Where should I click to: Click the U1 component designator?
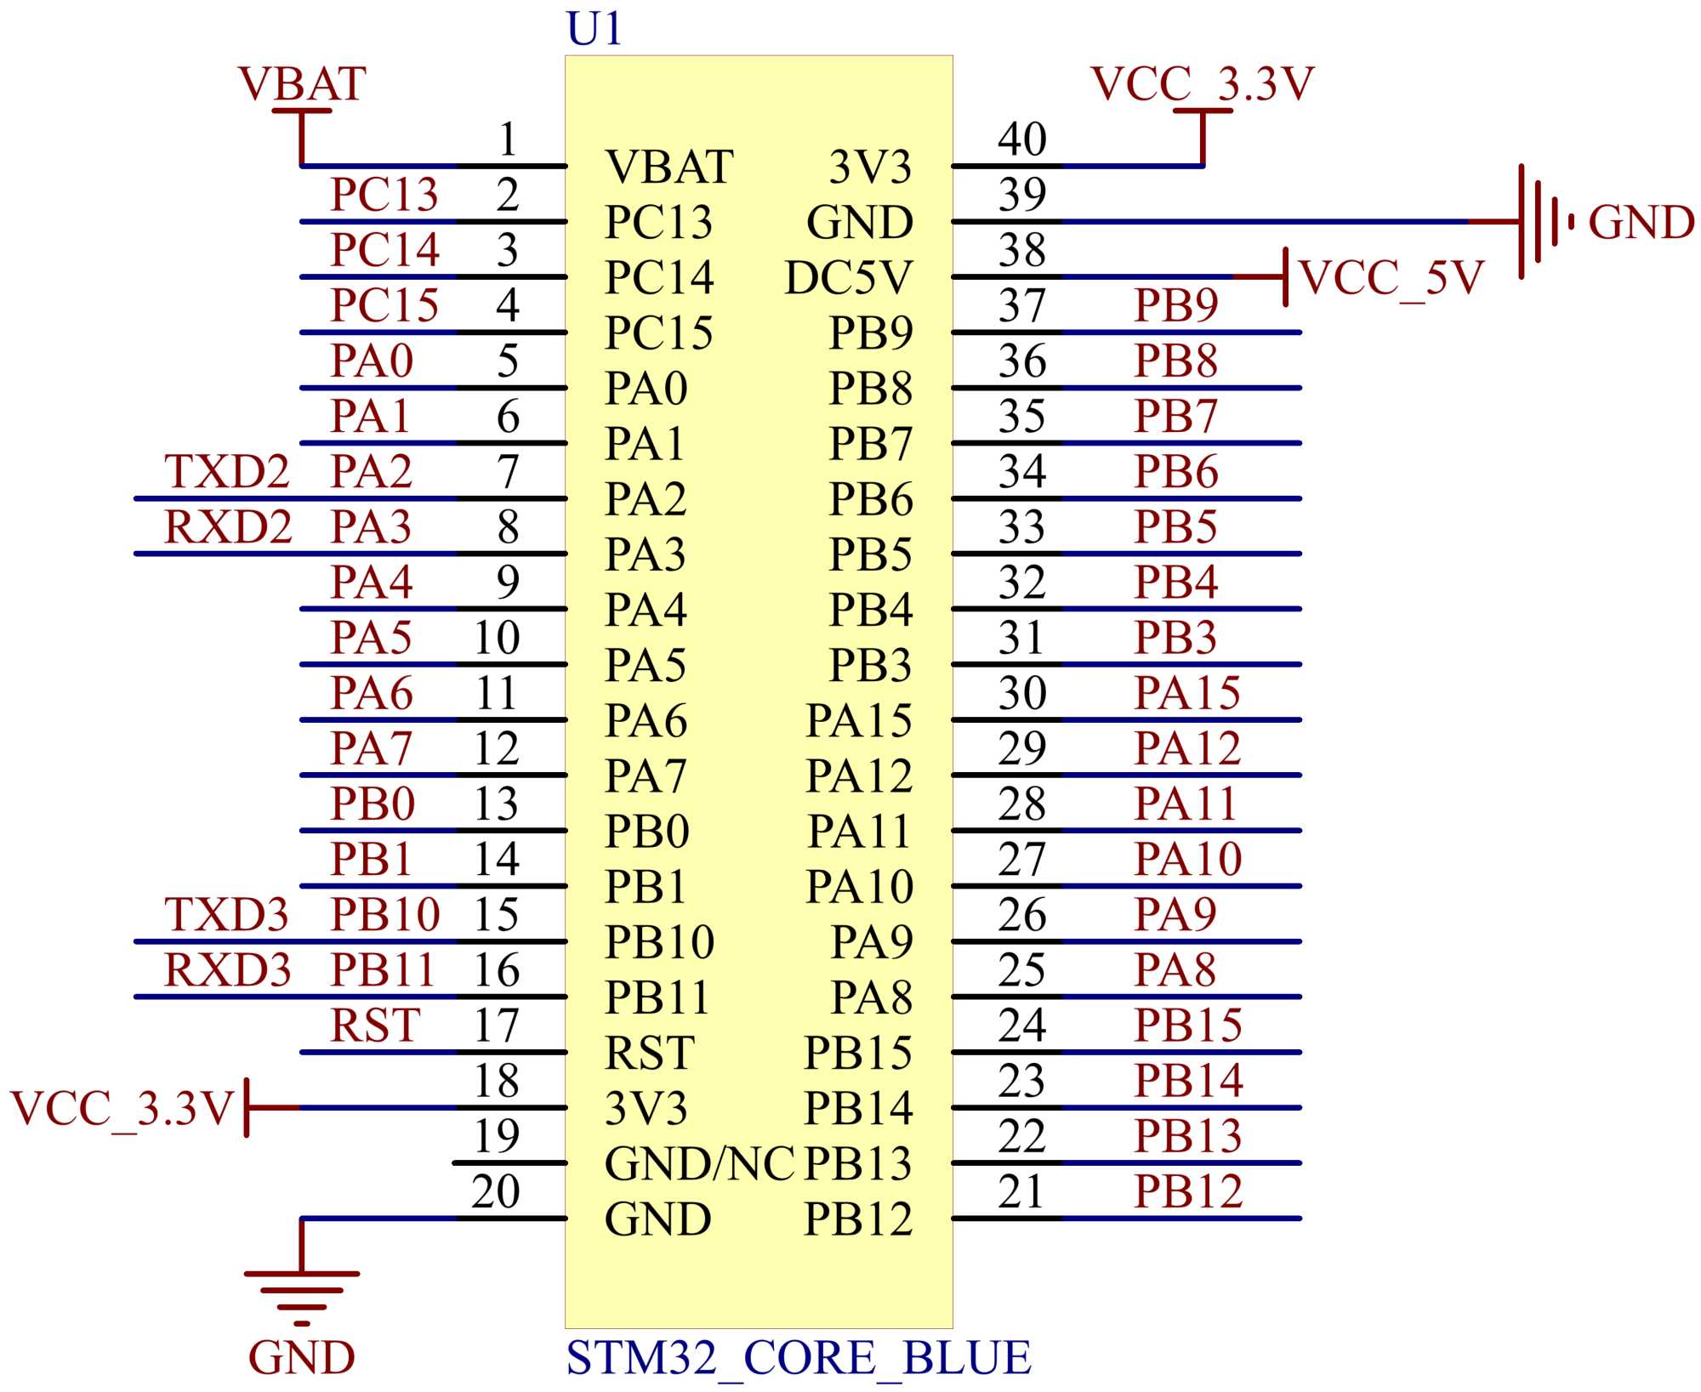pyautogui.click(x=594, y=29)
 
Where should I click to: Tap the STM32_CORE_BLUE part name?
pyautogui.click(x=799, y=1357)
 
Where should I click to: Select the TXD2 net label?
pyautogui.click(x=227, y=472)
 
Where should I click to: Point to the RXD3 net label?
pyautogui.click(x=227, y=970)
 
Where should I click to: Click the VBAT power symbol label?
pyautogui.click(x=302, y=84)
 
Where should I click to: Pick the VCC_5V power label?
pyautogui.click(x=1391, y=277)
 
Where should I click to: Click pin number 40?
pyautogui.click(x=1021, y=139)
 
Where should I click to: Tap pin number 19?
pyautogui.click(x=497, y=1136)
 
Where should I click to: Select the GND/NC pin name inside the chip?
pyautogui.click(x=699, y=1163)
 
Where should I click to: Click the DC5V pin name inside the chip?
pyautogui.click(x=848, y=278)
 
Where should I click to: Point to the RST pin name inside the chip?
pyautogui.click(x=649, y=1053)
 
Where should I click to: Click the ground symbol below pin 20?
pyautogui.click(x=302, y=1297)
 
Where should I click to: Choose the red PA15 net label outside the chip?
pyautogui.click(x=1187, y=693)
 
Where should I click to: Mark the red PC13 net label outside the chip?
pyautogui.click(x=384, y=195)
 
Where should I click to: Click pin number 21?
pyautogui.click(x=1021, y=1191)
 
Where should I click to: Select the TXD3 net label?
pyautogui.click(x=226, y=915)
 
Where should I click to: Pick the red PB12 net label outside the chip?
pyautogui.click(x=1188, y=1191)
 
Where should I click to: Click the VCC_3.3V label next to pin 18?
pyautogui.click(x=122, y=1108)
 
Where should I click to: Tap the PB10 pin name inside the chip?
pyautogui.click(x=659, y=942)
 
